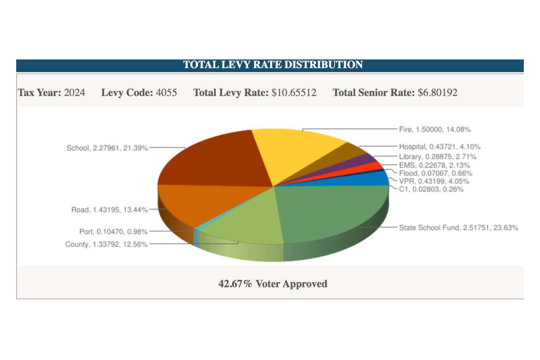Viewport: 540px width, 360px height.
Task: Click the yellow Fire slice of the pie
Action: [x=294, y=152]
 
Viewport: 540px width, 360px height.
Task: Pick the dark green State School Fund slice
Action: [x=331, y=213]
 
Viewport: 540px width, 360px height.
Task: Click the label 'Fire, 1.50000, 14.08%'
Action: [x=435, y=129]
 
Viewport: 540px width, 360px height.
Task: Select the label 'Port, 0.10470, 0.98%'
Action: [x=113, y=232]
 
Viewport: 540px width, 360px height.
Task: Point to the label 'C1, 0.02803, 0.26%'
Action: [x=431, y=189]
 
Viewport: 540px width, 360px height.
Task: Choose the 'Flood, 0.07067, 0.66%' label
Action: [x=435, y=173]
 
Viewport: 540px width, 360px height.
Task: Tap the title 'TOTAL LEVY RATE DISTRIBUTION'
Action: [x=273, y=65]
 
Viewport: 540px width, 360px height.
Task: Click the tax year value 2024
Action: [x=75, y=93]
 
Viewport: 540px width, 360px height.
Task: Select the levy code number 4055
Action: [x=166, y=93]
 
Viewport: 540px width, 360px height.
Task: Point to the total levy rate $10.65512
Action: [x=294, y=93]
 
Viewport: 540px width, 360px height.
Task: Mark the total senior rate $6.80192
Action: [x=437, y=93]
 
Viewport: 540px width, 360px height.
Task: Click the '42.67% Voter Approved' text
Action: [x=273, y=284]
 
